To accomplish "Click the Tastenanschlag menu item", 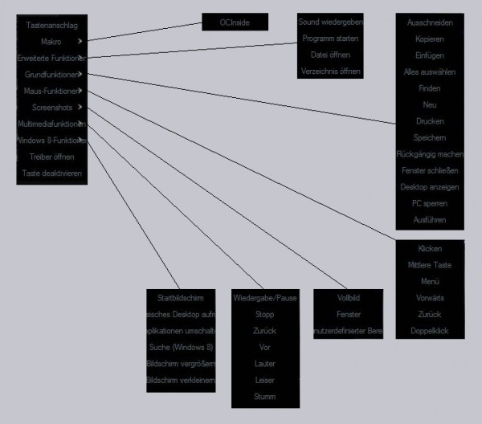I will [x=51, y=26].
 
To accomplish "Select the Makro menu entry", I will [x=51, y=40].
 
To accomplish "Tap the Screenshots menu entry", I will [x=51, y=107].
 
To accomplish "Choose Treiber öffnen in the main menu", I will [x=51, y=157].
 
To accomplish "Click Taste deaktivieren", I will [x=51, y=173].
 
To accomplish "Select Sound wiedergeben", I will [x=330, y=22].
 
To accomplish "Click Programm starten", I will [x=330, y=39].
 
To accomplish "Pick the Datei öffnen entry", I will [x=330, y=55].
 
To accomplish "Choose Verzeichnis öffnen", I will [x=330, y=71].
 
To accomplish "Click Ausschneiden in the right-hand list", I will [x=430, y=22].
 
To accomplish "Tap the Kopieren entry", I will [x=430, y=39].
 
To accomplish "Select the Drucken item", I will [x=430, y=121].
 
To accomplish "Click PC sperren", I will [x=430, y=203].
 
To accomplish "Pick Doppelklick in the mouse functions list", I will [x=430, y=330].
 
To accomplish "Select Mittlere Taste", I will [x=430, y=265].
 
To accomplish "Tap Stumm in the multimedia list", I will [x=264, y=396].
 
